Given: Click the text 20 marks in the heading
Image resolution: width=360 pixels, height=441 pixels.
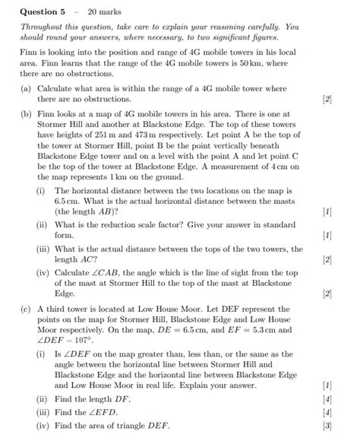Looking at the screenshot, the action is click(104, 11).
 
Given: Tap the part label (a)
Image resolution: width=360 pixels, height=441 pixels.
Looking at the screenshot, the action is click(27, 89).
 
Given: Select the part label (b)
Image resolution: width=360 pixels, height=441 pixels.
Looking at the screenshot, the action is click(27, 113).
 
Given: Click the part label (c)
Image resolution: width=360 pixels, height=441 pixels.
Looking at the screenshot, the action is click(27, 310).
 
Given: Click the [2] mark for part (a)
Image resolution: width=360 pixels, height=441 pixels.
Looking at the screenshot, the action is click(327, 100).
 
